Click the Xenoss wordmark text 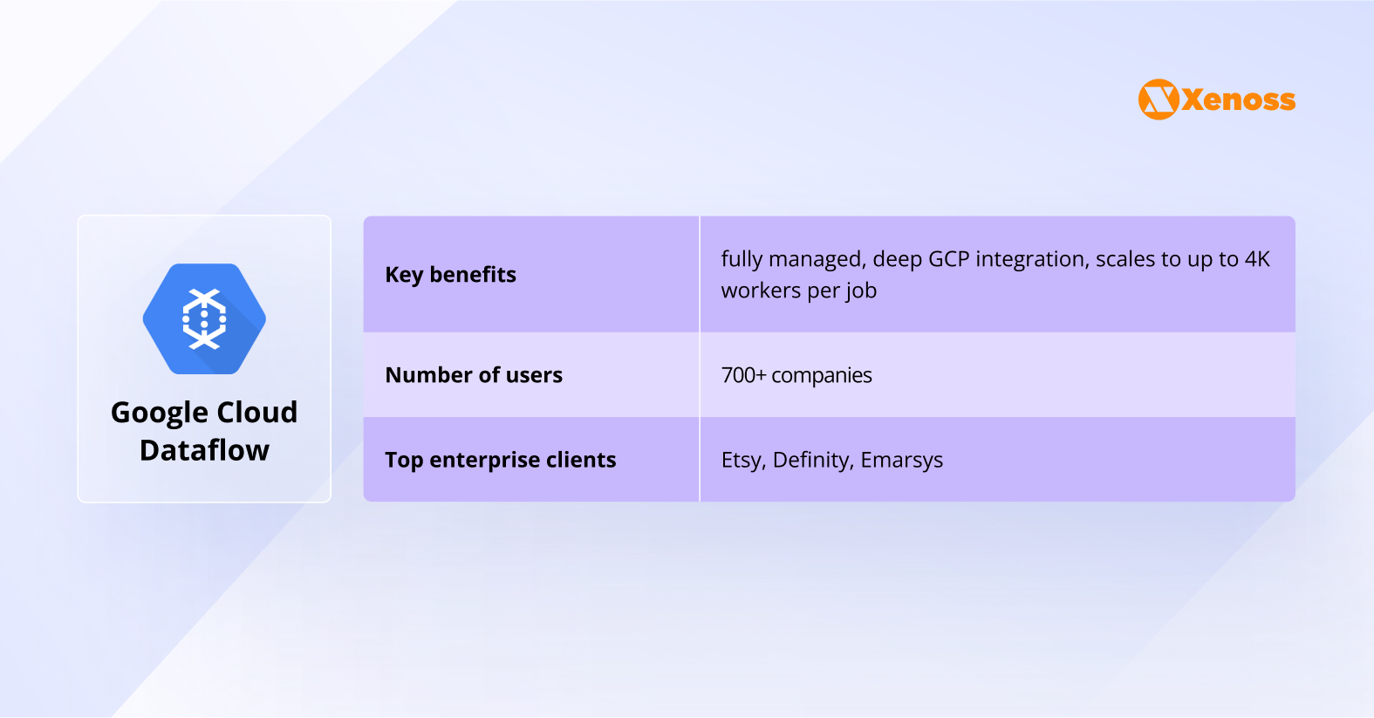[1239, 100]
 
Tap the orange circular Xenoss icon [1159, 99]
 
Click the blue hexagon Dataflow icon [204, 319]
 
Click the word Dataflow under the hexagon [204, 450]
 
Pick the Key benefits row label [450, 275]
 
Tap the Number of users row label [474, 375]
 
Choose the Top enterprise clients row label [501, 460]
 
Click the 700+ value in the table [743, 375]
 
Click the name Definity [813, 461]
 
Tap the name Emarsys [902, 461]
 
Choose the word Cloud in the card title [257, 413]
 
